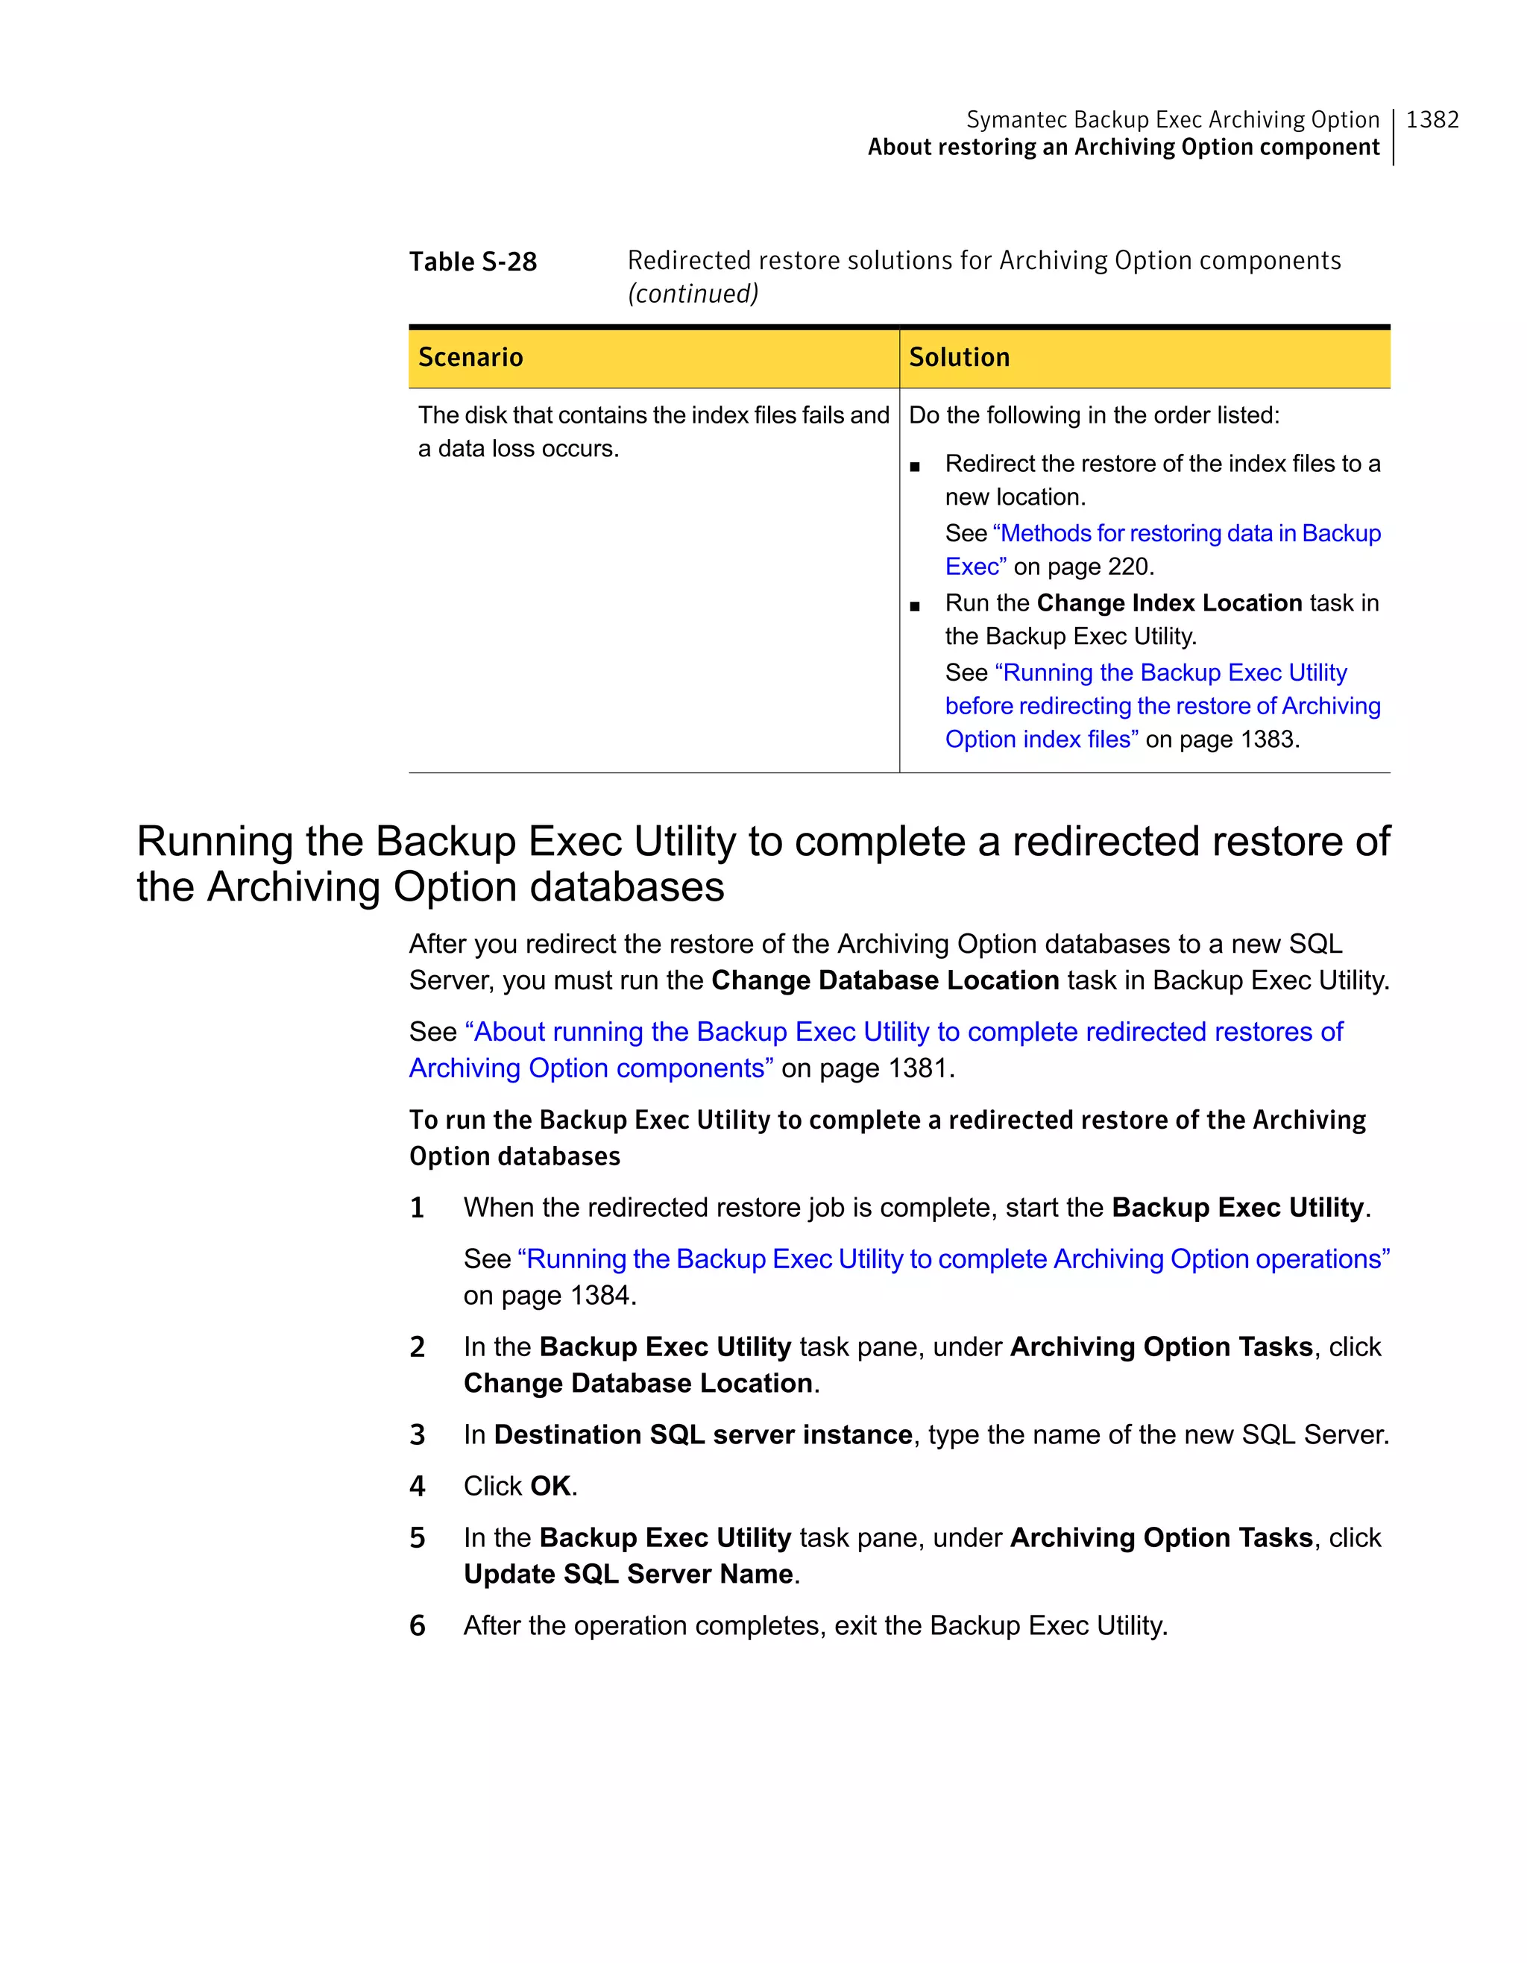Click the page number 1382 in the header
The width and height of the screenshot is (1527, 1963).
(x=1432, y=119)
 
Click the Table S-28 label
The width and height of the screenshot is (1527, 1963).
(x=473, y=262)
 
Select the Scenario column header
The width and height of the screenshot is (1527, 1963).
(x=470, y=358)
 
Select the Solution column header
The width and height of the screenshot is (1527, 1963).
(x=959, y=358)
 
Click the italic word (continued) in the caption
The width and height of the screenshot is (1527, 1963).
(x=693, y=294)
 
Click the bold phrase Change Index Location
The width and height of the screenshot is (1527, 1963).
(x=1168, y=603)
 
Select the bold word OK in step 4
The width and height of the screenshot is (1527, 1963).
(x=550, y=1487)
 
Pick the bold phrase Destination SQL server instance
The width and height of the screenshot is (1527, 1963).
(x=703, y=1435)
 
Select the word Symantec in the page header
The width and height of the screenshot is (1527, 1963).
(x=1016, y=119)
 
